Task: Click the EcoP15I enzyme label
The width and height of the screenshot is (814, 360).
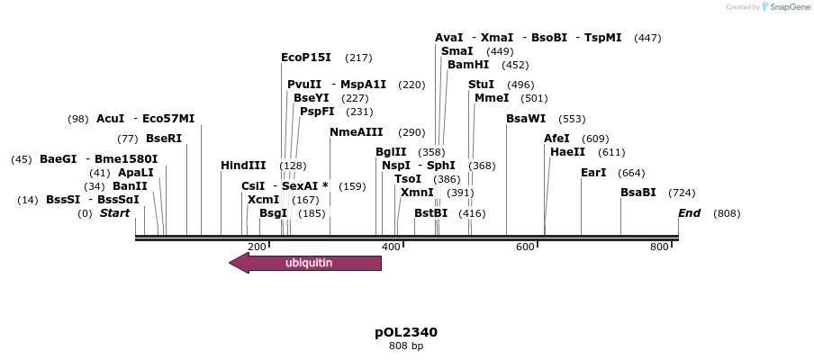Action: (306, 58)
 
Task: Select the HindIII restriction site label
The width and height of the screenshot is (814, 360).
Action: (243, 166)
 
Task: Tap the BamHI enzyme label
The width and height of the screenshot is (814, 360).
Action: (468, 65)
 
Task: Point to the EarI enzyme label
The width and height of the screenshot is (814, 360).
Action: (593, 173)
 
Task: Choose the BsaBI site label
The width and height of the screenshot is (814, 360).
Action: (638, 193)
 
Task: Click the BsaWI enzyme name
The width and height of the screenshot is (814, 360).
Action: (526, 119)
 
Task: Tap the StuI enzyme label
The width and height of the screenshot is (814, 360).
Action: (481, 85)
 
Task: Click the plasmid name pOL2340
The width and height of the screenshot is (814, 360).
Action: (406, 332)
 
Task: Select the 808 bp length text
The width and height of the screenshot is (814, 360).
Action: (406, 346)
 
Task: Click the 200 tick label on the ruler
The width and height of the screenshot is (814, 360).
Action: (257, 247)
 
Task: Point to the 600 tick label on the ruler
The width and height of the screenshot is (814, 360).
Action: (525, 247)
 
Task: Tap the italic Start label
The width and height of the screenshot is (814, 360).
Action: (114, 213)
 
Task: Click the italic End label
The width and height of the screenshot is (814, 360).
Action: (689, 213)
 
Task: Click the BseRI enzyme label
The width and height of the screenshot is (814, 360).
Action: (163, 139)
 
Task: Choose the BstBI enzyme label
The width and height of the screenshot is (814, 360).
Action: (430, 213)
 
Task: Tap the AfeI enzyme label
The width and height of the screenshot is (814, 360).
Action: (556, 139)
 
